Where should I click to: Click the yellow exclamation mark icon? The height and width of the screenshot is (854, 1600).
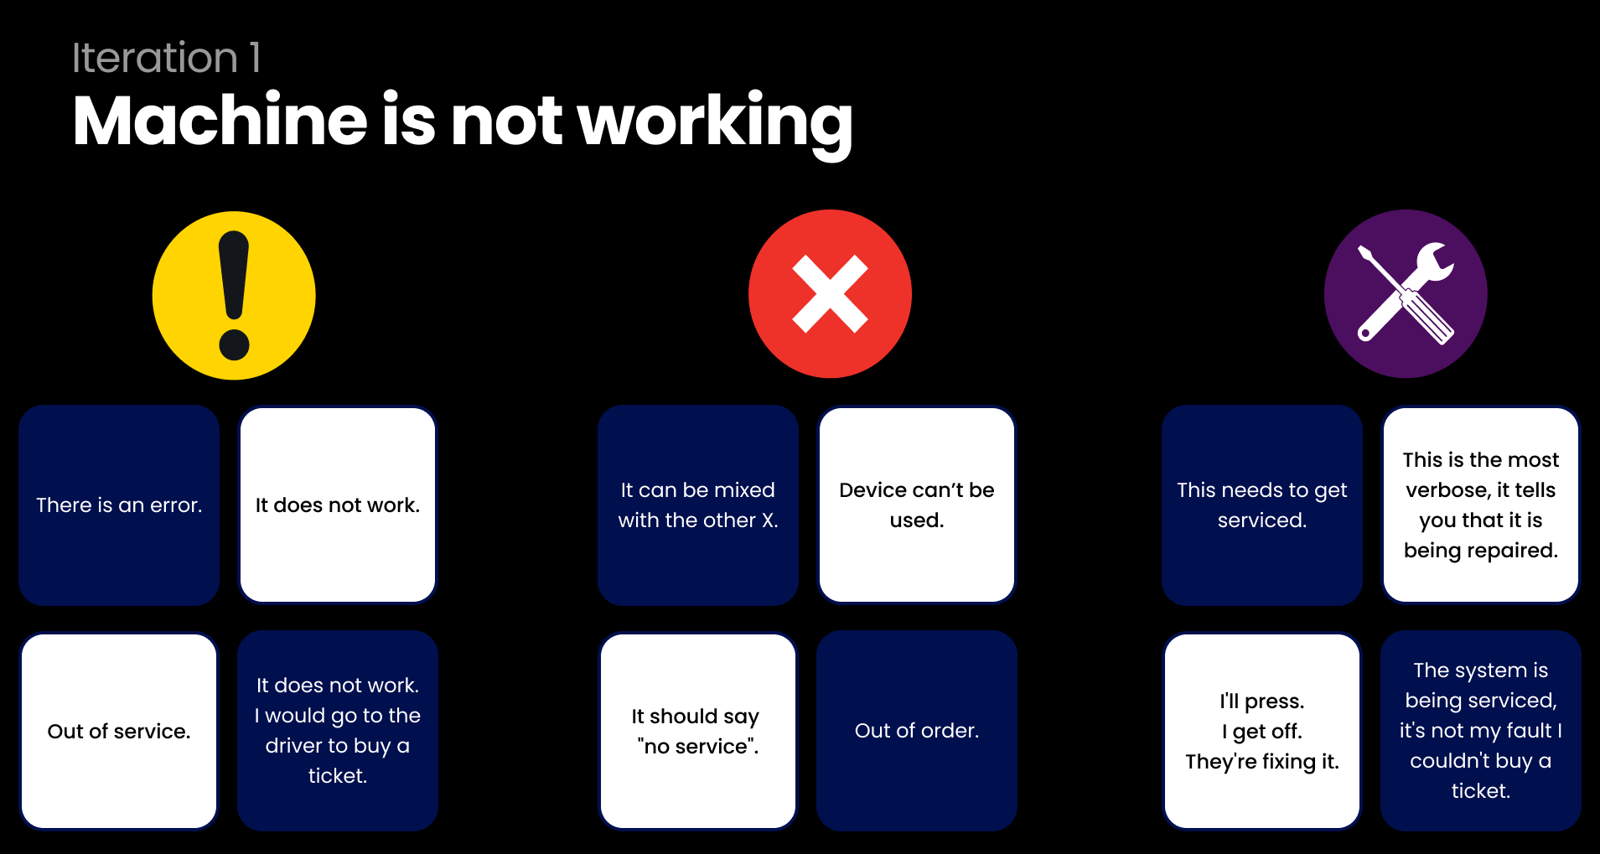point(234,295)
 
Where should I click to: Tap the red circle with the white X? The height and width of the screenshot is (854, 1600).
point(830,294)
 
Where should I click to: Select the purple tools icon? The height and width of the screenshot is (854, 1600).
point(1406,294)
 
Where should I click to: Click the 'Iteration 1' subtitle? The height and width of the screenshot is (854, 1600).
point(166,58)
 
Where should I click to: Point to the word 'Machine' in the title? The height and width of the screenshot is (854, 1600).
point(220,121)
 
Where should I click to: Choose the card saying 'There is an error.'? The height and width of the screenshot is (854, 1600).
point(119,505)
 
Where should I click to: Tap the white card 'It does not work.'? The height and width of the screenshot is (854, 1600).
point(338,505)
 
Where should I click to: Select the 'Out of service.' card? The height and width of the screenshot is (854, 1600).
point(119,731)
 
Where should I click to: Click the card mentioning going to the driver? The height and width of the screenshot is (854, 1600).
point(338,731)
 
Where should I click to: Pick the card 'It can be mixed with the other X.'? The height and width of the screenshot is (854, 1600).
point(698,505)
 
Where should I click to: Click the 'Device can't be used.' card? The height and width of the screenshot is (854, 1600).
point(917,505)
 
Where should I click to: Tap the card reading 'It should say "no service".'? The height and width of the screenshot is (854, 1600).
point(698,731)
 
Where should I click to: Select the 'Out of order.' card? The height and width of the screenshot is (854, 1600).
point(917,731)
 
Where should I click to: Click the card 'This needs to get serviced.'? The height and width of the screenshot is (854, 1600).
point(1262,505)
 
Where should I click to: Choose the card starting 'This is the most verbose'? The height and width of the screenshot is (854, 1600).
point(1481,505)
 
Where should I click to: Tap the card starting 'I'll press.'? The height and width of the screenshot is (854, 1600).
point(1262,731)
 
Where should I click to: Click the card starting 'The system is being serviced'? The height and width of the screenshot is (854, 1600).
point(1481,731)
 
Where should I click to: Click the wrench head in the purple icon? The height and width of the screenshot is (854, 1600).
point(1433,263)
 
